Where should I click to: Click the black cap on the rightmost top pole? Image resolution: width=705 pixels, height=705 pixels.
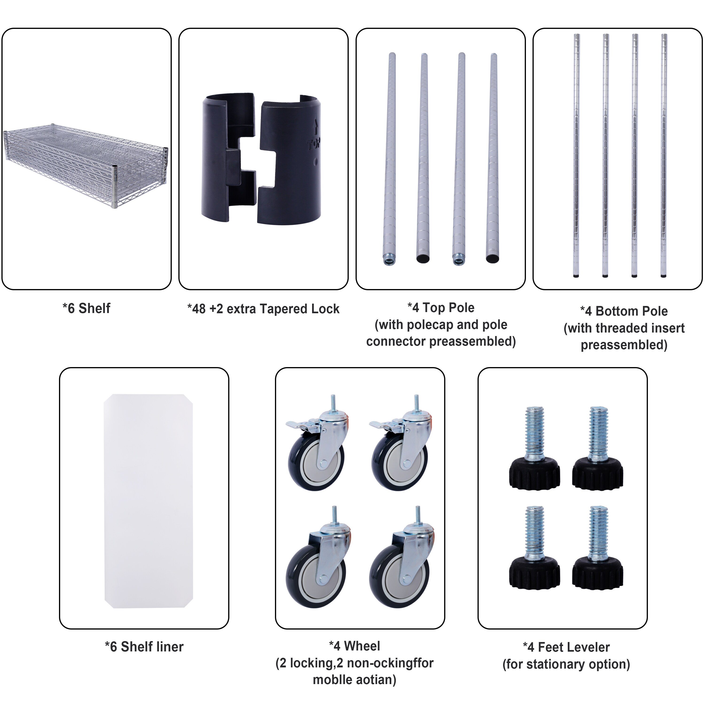(492, 259)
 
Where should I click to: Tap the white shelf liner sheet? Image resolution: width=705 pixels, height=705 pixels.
(148, 502)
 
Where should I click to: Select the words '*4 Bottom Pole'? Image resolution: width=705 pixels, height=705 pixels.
(624, 311)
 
